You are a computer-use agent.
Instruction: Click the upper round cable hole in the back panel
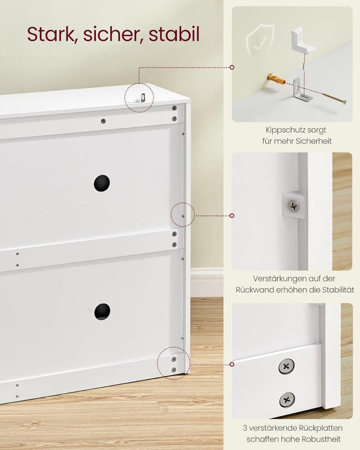click(102, 182)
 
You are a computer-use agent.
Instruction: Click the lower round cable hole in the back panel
click(102, 311)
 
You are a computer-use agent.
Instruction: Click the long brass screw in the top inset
click(324, 96)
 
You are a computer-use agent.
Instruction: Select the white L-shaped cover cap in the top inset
click(302, 42)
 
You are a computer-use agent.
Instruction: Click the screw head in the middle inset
click(292, 206)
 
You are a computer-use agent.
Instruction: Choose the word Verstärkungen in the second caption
click(274, 278)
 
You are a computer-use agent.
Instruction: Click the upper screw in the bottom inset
click(286, 367)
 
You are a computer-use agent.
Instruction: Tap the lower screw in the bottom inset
click(287, 400)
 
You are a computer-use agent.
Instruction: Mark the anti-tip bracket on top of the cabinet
click(141, 97)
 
